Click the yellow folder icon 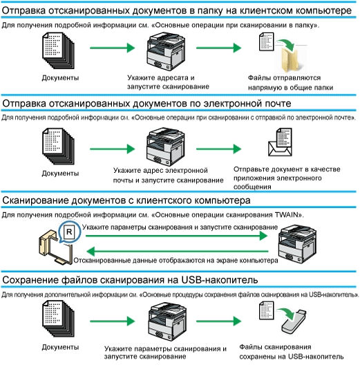[290, 59]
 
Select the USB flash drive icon [294, 322]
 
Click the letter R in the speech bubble [69, 232]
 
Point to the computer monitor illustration [61, 252]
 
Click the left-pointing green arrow [178, 252]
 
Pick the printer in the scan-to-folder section [166, 51]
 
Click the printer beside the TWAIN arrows [298, 243]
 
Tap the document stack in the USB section [58, 319]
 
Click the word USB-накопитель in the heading [219, 280]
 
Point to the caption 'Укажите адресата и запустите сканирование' [168, 82]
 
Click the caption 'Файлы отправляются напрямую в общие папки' [290, 83]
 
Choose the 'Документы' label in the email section [60, 173]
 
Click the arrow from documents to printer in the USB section [113, 321]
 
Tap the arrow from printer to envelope [219, 149]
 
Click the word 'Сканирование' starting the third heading [35, 200]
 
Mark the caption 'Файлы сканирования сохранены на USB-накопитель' [292, 352]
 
